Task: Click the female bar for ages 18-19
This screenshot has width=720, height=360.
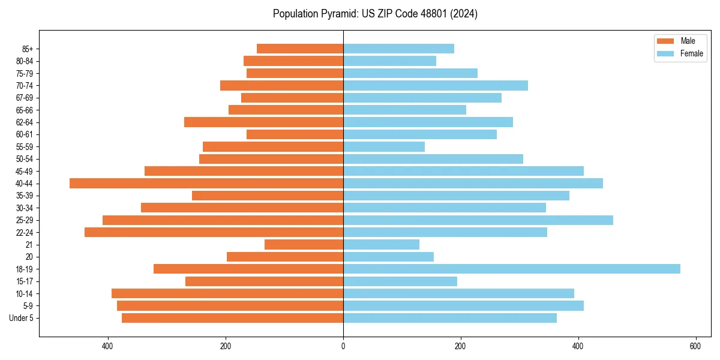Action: point(511,269)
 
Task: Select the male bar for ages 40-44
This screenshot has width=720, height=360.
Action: point(206,183)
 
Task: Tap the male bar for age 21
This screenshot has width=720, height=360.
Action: point(304,244)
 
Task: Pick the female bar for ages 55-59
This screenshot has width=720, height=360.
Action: point(384,146)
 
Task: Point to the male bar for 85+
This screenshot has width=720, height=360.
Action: point(300,49)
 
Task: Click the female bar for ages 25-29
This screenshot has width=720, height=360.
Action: point(478,220)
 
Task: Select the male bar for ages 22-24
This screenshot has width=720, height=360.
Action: point(214,232)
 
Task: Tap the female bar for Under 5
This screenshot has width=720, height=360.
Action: point(450,318)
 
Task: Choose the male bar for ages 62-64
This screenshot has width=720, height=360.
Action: point(263,122)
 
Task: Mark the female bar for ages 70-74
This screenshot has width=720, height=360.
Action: point(436,85)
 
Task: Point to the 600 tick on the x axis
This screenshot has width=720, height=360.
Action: point(695,346)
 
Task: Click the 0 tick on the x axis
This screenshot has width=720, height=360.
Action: point(343,346)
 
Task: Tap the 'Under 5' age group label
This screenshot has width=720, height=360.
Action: point(21,318)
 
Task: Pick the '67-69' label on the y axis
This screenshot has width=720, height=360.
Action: point(25,98)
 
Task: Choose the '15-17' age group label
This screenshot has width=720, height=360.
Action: point(25,281)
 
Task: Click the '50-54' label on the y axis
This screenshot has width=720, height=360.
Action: point(25,159)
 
